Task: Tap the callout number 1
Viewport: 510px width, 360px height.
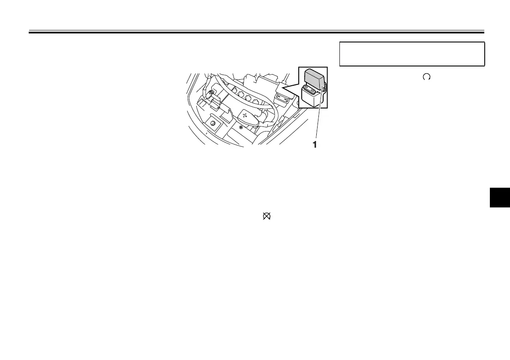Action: (x=315, y=145)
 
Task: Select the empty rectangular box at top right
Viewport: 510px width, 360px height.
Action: (x=412, y=54)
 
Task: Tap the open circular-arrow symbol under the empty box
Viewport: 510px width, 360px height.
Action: (x=426, y=77)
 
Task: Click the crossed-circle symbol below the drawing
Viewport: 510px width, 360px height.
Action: (x=266, y=218)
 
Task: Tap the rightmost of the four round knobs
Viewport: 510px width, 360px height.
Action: (x=255, y=102)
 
